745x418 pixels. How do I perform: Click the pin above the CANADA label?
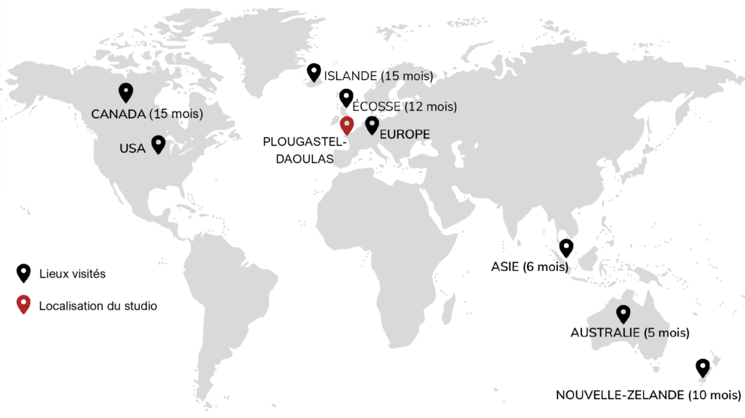tap(126, 92)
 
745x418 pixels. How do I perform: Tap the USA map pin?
tap(158, 143)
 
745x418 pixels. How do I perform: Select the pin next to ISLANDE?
tap(314, 72)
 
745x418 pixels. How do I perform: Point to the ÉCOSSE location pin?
tap(346, 98)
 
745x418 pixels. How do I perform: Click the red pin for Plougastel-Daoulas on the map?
tap(347, 125)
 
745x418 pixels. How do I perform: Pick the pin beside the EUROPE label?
tap(372, 125)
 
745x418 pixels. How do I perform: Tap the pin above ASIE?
tap(566, 248)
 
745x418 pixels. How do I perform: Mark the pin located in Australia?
tap(623, 313)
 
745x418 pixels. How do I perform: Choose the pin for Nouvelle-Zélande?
tap(702, 367)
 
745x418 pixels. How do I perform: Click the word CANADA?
tap(119, 114)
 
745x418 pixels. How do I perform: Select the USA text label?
tap(132, 149)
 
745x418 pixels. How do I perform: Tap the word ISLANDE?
tap(351, 76)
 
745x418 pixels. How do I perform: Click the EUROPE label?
tap(405, 135)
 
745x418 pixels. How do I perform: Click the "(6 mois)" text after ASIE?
tap(545, 267)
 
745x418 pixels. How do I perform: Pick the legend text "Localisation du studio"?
tap(98, 306)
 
